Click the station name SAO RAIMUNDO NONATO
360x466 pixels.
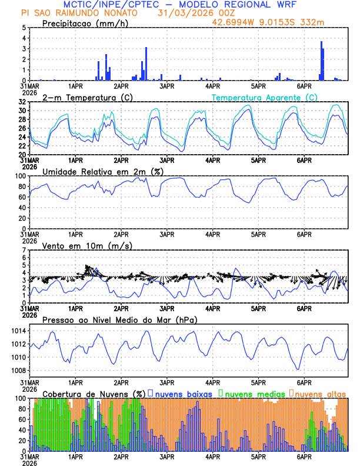[87, 13]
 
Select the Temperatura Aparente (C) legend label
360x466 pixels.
[265, 97]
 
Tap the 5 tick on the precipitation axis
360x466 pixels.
[24, 28]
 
